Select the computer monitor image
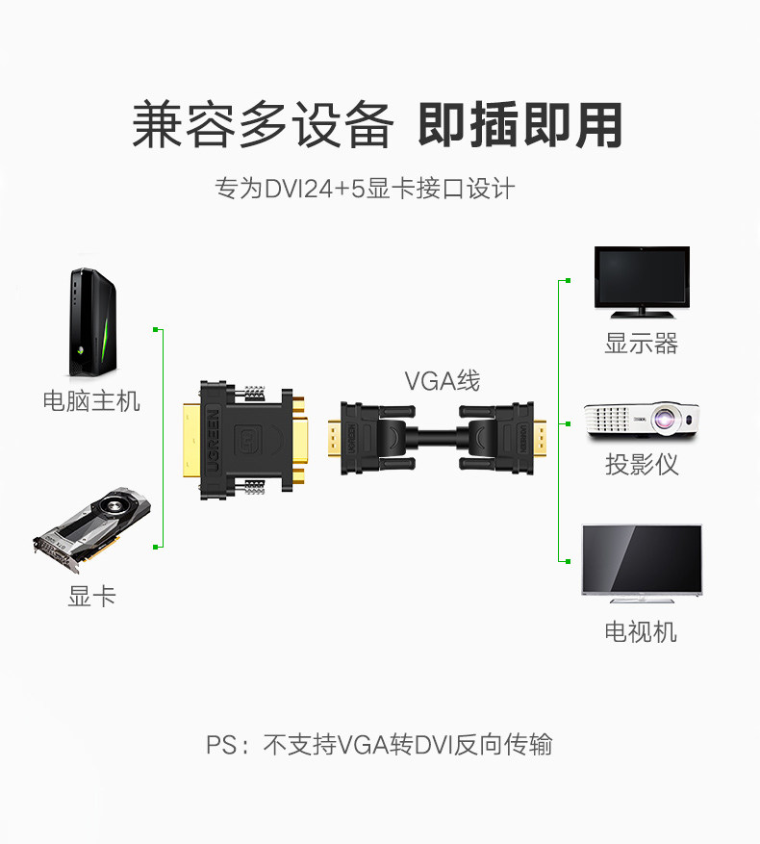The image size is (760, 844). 641,281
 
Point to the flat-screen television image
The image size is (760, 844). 641,562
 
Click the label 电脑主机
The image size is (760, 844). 91,400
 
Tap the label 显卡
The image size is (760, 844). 91,597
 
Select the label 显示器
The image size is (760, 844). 641,344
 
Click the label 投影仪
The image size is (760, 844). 642,465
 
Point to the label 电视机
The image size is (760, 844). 641,631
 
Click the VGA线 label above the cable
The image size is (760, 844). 442,381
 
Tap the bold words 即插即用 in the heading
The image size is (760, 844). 520,126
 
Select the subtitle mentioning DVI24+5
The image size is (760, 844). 365,188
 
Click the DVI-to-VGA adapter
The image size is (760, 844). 245,441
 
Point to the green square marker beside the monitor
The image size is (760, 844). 567,281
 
